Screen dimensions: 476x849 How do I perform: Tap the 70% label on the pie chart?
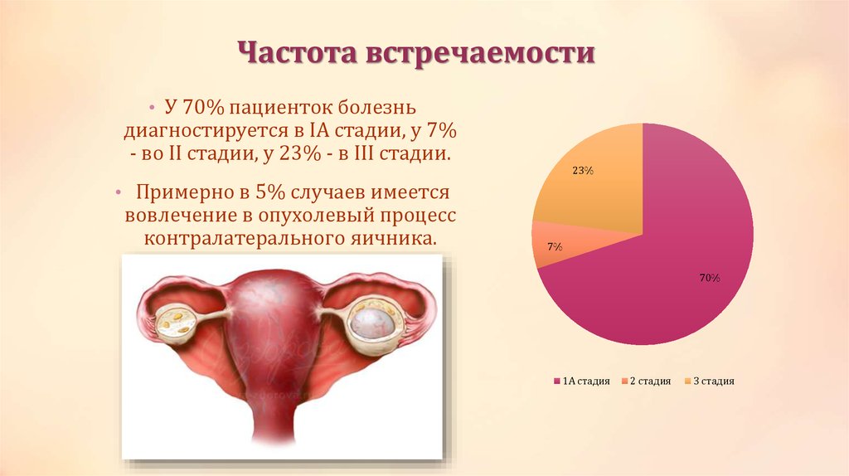[708, 279]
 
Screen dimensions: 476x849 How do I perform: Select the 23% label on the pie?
[582, 171]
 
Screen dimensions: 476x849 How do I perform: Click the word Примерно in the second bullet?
[181, 193]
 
